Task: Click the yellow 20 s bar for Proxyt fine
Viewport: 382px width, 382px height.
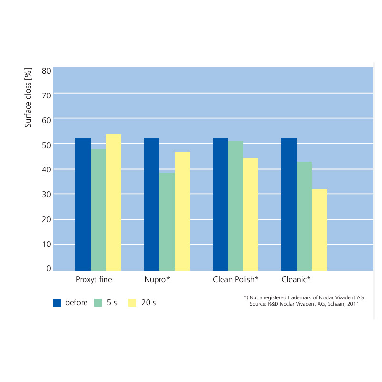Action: pyautogui.click(x=114, y=202)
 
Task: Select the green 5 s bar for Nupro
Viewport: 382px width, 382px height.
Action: pyautogui.click(x=167, y=222)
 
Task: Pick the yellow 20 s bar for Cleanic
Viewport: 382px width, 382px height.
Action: pyautogui.click(x=319, y=230)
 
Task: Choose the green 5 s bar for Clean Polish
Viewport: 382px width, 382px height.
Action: pyautogui.click(x=235, y=206)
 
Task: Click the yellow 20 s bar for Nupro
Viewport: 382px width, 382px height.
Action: pyautogui.click(x=182, y=211)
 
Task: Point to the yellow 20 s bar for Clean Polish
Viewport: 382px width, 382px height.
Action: pyautogui.click(x=251, y=214)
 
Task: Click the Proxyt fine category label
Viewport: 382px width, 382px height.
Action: pyautogui.click(x=94, y=279)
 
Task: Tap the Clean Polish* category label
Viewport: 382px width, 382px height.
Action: pyautogui.click(x=236, y=279)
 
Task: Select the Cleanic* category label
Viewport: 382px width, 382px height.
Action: pyautogui.click(x=296, y=279)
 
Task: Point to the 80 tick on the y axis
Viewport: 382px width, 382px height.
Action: pyautogui.click(x=46, y=71)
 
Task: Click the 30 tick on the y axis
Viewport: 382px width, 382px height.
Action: pyautogui.click(x=46, y=194)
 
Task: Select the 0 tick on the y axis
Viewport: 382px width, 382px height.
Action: pyautogui.click(x=49, y=268)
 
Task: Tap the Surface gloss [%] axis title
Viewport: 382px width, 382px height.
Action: pyautogui.click(x=29, y=98)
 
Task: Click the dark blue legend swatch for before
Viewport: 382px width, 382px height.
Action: pyautogui.click(x=57, y=302)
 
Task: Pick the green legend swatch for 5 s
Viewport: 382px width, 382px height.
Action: pyautogui.click(x=98, y=302)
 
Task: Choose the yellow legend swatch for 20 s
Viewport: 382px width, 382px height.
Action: pyautogui.click(x=133, y=302)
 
